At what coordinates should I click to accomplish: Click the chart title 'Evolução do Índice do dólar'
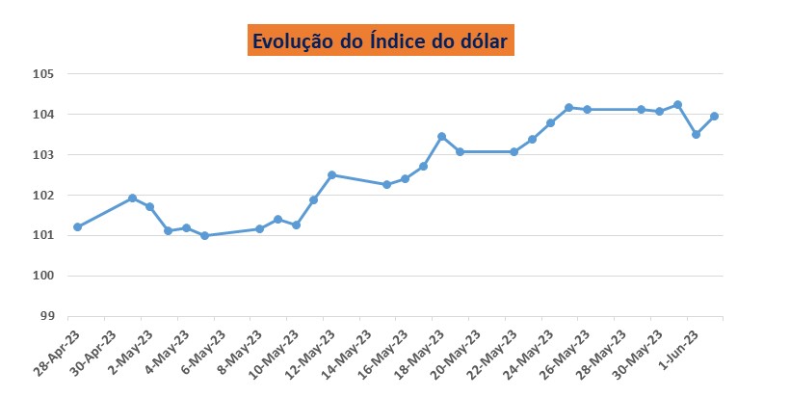381,41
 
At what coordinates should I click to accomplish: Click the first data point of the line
77,227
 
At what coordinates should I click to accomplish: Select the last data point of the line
714,117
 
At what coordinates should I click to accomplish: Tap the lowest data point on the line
204,236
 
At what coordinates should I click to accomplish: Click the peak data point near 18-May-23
441,137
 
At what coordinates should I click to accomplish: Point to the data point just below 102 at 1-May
132,198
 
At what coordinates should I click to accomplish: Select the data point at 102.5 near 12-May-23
331,175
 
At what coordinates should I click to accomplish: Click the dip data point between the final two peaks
696,134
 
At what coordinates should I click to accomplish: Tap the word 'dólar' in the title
482,41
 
